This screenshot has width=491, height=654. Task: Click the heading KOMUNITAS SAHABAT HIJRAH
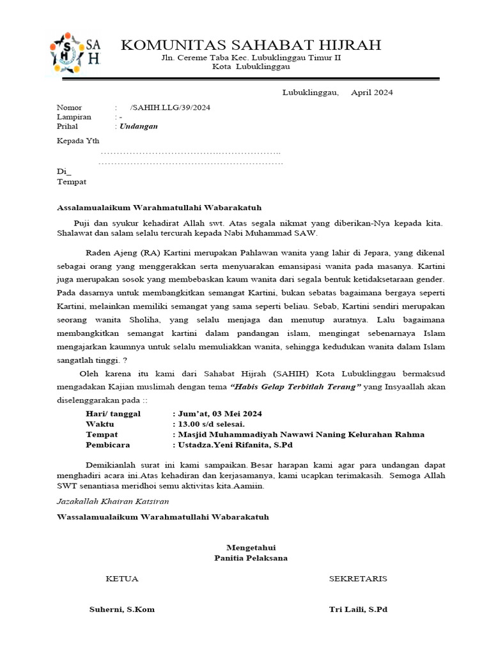pyautogui.click(x=251, y=45)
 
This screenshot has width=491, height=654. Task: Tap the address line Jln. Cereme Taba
pyautogui.click(x=251, y=57)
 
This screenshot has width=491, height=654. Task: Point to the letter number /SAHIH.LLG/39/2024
pyautogui.click(x=169, y=107)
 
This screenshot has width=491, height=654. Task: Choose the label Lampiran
pyautogui.click(x=74, y=117)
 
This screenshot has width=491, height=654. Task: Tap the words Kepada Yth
pyautogui.click(x=79, y=141)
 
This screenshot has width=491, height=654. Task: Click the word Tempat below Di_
pyautogui.click(x=72, y=181)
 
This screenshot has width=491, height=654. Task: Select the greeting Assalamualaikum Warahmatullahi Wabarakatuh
pyautogui.click(x=159, y=208)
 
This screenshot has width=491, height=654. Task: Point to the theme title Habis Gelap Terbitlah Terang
pyautogui.click(x=295, y=387)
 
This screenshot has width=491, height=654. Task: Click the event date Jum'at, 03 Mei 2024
pyautogui.click(x=217, y=414)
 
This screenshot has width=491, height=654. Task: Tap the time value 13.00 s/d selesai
pyautogui.click(x=208, y=424)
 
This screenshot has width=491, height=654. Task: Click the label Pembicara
pyautogui.click(x=108, y=445)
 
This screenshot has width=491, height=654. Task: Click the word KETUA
pyautogui.click(x=122, y=579)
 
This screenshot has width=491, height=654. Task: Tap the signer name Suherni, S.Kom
pyautogui.click(x=122, y=609)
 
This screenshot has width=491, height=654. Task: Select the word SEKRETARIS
pyautogui.click(x=358, y=579)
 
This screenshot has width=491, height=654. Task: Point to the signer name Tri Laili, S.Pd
pyautogui.click(x=358, y=609)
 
